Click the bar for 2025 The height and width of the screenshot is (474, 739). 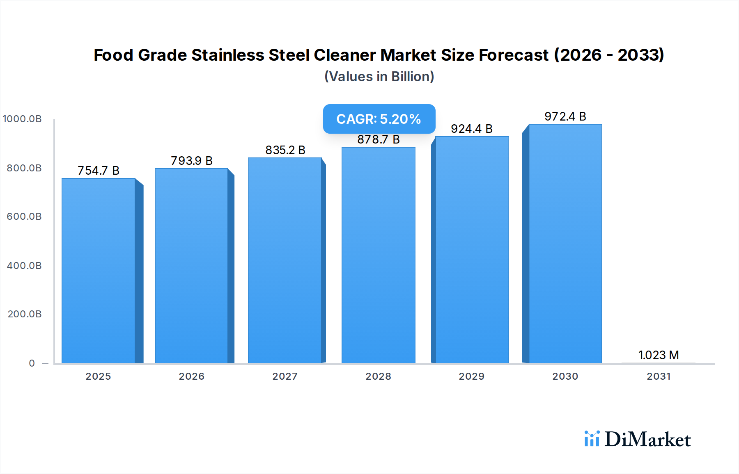[99, 271]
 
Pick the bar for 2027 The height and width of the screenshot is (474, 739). [285, 260]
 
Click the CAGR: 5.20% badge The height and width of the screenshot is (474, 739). [379, 119]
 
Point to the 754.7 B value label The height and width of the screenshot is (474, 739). [99, 171]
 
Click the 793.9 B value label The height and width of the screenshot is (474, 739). [192, 161]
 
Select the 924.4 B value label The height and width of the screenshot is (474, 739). [472, 129]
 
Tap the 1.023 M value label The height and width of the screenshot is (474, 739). [659, 355]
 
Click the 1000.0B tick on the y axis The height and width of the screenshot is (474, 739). [22, 119]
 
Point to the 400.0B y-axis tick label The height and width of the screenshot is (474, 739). [24, 266]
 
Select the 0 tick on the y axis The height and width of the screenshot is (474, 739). [32, 363]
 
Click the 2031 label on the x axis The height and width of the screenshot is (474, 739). [659, 376]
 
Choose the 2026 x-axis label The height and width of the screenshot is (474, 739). [192, 376]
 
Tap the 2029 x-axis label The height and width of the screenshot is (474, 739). [472, 376]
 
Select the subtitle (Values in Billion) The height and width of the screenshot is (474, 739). [379, 77]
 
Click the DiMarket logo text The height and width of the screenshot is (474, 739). [647, 440]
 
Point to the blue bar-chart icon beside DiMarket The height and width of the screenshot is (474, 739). [592, 439]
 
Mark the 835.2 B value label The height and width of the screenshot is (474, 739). [285, 150]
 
